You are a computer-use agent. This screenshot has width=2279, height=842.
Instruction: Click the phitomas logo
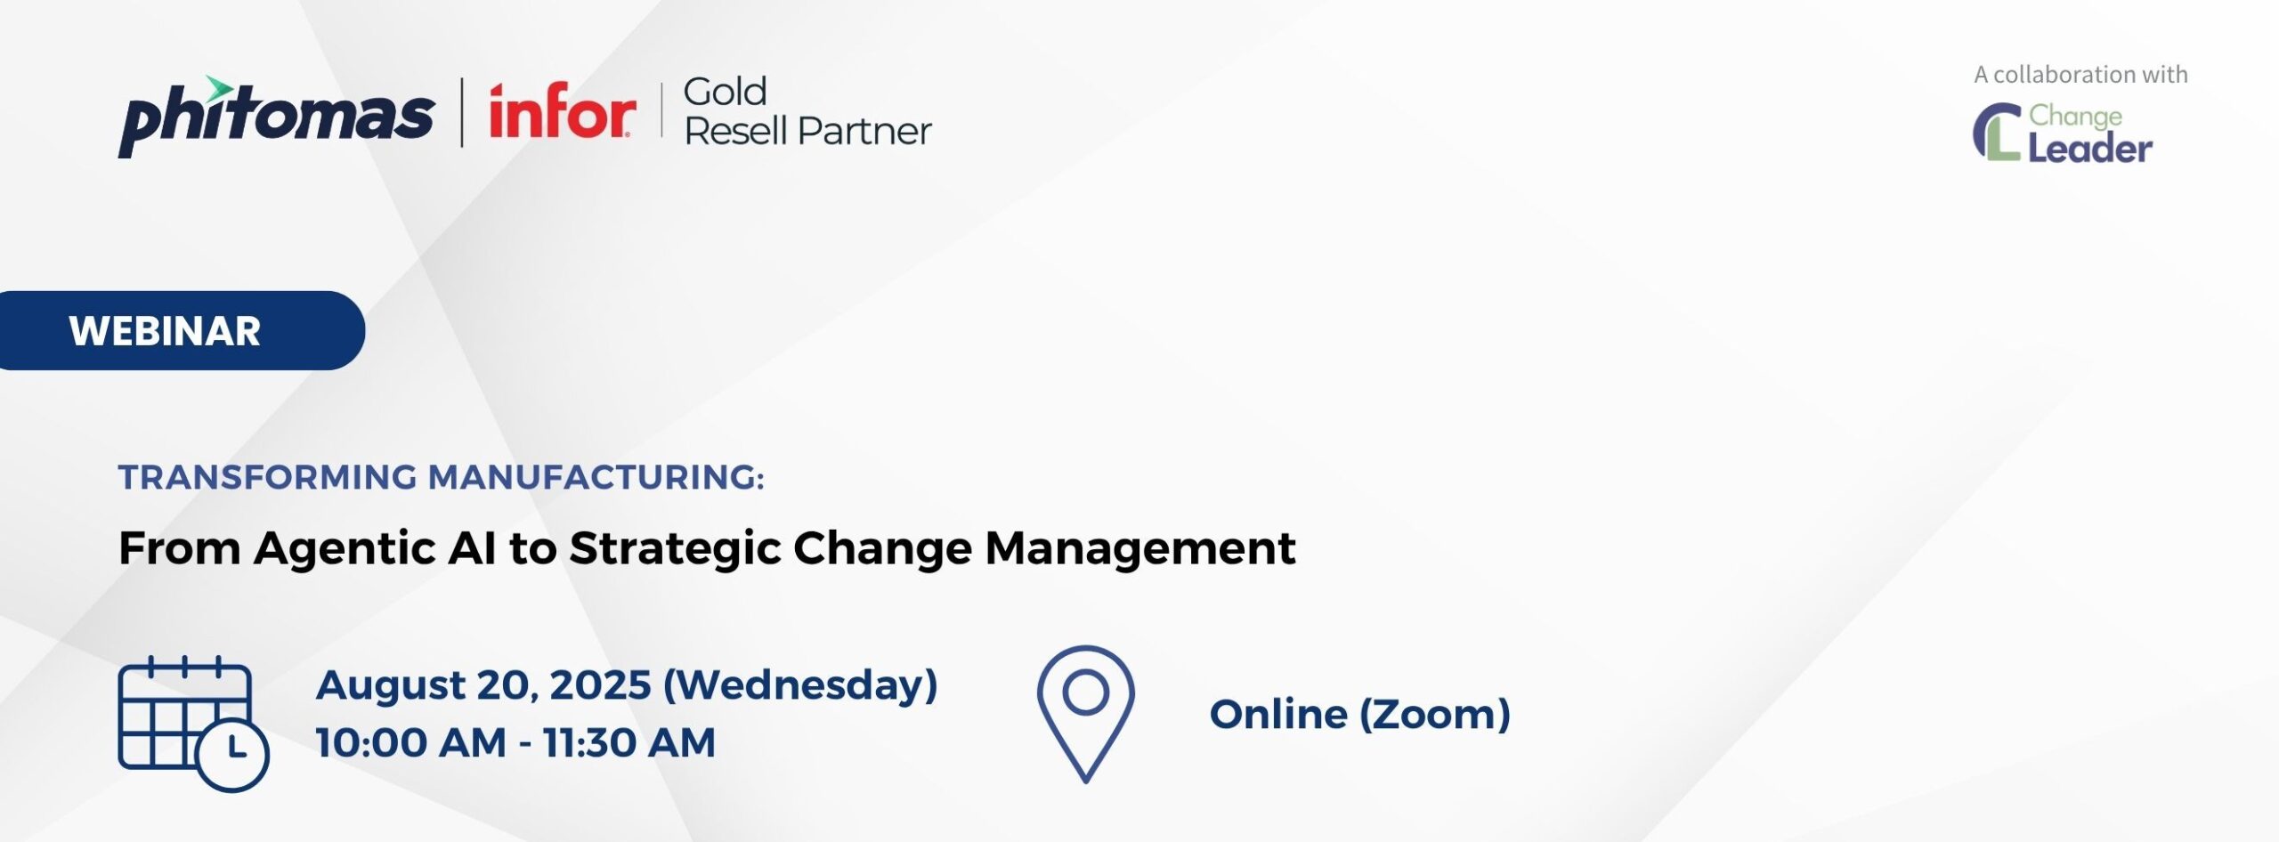tap(275, 118)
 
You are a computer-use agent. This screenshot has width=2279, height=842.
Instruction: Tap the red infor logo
tap(562, 113)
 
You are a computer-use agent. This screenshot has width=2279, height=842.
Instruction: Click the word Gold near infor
tap(725, 93)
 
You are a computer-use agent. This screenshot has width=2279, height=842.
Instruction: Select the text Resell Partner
tap(807, 132)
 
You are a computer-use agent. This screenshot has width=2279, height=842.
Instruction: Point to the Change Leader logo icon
tap(1997, 132)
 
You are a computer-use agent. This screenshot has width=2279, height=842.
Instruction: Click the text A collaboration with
tap(2080, 75)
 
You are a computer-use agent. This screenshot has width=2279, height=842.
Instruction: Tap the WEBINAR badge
tap(166, 331)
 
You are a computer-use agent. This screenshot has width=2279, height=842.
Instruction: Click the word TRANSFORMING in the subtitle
tap(267, 478)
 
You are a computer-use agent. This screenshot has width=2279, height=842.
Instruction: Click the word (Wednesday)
tap(800, 685)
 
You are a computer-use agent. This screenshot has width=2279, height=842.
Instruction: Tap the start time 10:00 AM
tap(410, 743)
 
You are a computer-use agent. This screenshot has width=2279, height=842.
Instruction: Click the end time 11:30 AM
tap(629, 743)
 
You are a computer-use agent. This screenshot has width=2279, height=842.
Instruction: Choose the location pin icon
tap(1085, 712)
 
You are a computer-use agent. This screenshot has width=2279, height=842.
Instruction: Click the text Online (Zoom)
tap(1359, 715)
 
